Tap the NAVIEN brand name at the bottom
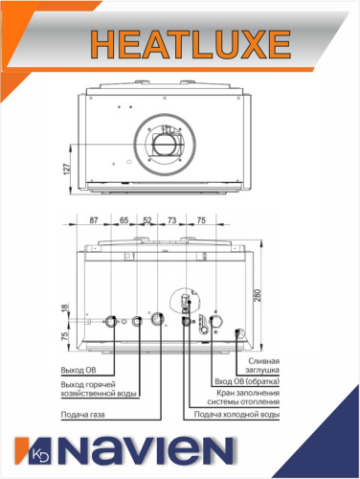pyautogui.click(x=159, y=451)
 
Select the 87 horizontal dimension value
pyautogui.click(x=94, y=220)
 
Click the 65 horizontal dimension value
pyautogui.click(x=124, y=220)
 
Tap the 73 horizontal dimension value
pyautogui.click(x=171, y=220)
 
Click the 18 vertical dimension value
pyautogui.click(x=65, y=308)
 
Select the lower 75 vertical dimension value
pyautogui.click(x=65, y=336)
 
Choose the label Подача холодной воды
pyautogui.click(x=236, y=416)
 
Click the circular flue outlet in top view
pyautogui.click(x=164, y=144)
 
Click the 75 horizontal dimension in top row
pyautogui.click(x=202, y=220)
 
